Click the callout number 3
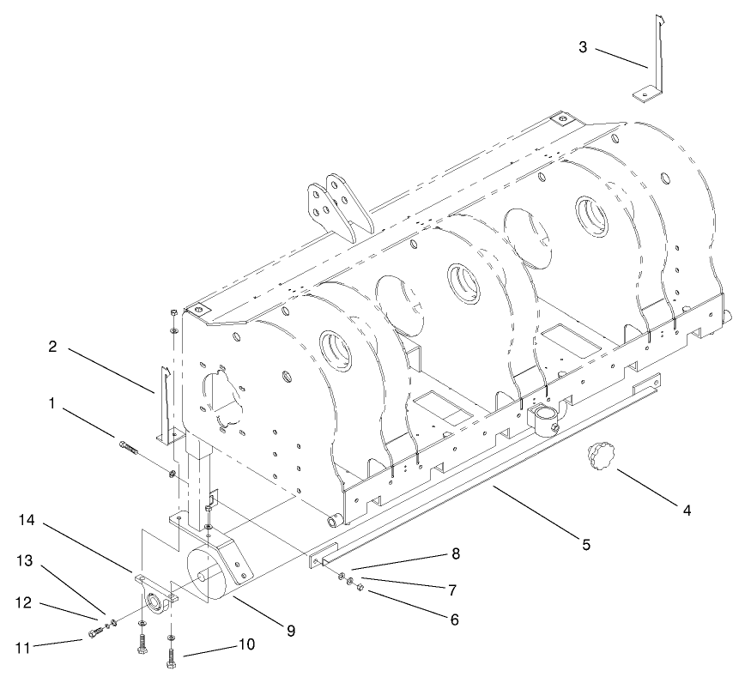(583, 46)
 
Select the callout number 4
(686, 510)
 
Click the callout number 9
(291, 630)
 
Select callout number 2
(52, 348)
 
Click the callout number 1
(52, 402)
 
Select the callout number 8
(456, 554)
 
